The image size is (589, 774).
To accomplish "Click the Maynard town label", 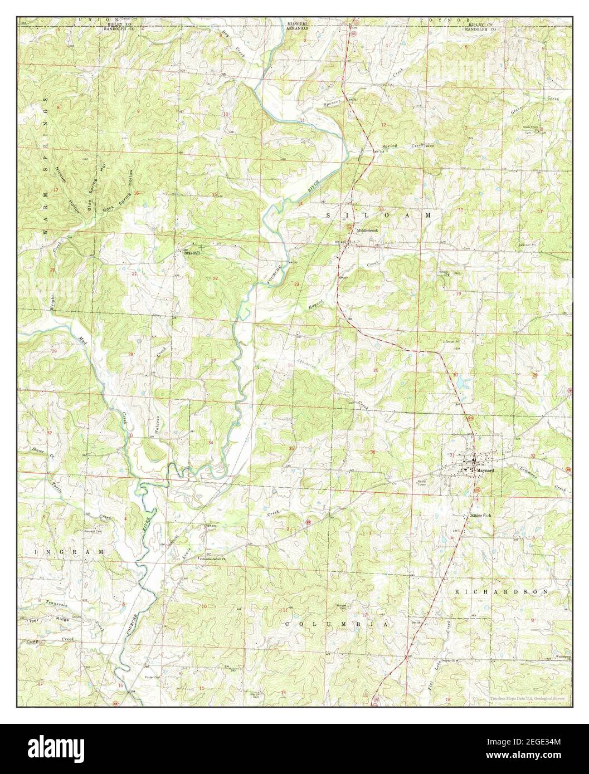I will click(485, 470).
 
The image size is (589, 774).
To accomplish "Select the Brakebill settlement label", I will click(192, 252).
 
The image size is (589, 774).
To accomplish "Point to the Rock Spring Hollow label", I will click(119, 192).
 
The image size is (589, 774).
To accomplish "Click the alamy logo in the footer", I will click(56, 745).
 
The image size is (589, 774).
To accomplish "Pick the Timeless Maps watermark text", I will click(527, 698).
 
